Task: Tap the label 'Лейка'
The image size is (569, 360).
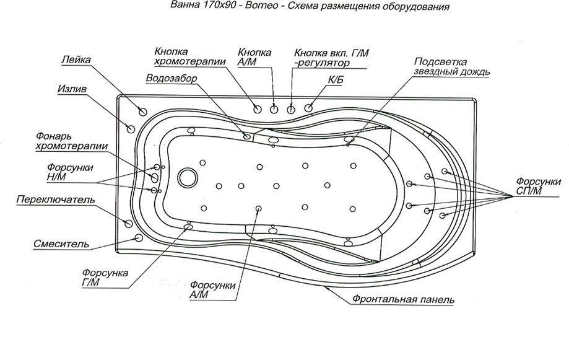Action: tap(77, 60)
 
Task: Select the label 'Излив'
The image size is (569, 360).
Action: tap(72, 89)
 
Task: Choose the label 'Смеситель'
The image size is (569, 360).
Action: tap(61, 244)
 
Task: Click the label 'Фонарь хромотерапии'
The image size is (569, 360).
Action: tap(71, 141)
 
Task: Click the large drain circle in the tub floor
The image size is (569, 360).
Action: tap(186, 177)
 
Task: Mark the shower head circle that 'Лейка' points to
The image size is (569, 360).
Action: tap(143, 112)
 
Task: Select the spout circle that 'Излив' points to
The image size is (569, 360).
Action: tap(130, 128)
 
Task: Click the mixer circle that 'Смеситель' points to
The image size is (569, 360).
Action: tap(138, 238)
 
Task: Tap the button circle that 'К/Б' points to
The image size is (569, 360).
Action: tap(310, 108)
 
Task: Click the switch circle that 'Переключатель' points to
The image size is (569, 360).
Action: tap(129, 222)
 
